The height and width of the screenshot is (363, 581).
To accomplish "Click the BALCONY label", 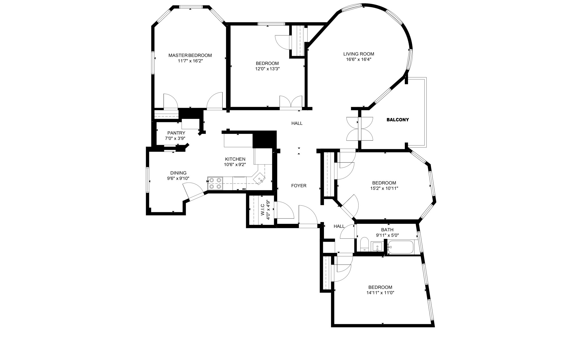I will pos(398,120).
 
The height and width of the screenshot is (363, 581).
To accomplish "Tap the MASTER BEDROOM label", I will pos(190,55).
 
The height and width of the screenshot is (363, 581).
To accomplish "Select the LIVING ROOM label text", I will pos(359,54).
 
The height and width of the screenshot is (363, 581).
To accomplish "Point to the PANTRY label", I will pos(176,133).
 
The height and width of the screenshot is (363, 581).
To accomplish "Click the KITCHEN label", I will pos(235,159).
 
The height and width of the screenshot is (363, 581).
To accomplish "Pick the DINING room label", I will pos(178,173).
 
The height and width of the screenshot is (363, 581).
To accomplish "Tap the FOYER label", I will pos(299,186).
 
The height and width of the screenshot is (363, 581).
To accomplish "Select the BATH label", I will pos(387,230).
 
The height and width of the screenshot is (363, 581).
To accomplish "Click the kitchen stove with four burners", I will pos(215,183).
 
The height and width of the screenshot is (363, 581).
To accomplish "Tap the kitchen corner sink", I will pos(260,179).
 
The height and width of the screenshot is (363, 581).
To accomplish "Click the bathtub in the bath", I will pos(400,247).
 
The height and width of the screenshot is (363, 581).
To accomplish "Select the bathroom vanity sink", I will pos(377,247).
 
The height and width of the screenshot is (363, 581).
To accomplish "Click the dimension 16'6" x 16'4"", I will pos(359,60).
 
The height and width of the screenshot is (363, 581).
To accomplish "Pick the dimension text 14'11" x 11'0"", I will pos(380,293).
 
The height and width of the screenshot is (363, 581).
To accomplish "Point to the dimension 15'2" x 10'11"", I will pos(384,188).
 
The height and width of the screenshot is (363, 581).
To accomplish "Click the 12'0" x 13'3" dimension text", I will pos(267,69).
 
